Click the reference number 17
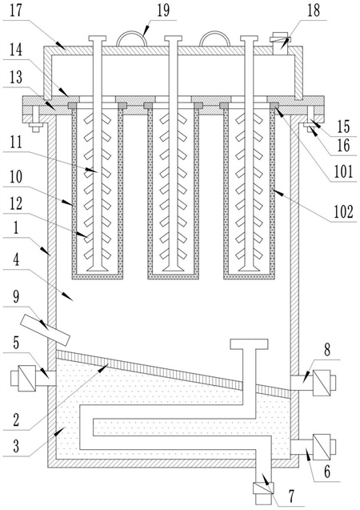pos(14,10)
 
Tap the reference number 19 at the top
pos(163,10)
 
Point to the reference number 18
pos(314,10)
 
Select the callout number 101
pos(343,171)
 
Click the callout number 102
pos(343,212)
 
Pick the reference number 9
pos(16,297)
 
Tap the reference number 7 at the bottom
pos(291,496)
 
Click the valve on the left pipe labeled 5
pos(26,378)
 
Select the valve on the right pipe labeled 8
pos(322,383)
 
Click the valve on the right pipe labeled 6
pos(322,448)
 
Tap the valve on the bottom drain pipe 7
pos(263,488)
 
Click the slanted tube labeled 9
pos(45,330)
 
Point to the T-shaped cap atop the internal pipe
pos(250,344)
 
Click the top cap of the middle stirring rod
pos(173,38)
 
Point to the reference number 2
pos(16,420)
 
